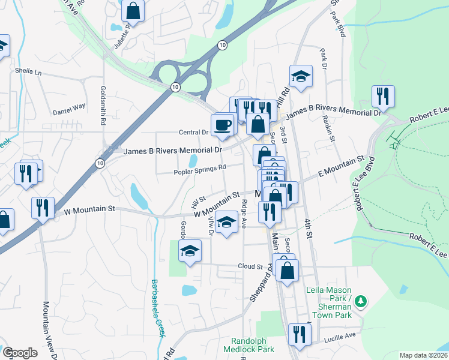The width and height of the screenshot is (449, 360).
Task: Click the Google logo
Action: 20,352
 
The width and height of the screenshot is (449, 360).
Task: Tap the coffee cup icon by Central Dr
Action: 223,124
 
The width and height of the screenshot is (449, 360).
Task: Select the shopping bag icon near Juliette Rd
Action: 133,10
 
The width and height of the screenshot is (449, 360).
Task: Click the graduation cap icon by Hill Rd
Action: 301,76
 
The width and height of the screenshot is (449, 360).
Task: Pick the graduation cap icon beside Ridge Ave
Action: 226,223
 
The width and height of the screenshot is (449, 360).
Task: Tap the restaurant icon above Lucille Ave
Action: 299,334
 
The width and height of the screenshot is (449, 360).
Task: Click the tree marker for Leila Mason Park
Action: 360,301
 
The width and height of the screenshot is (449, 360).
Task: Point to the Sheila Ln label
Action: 29,71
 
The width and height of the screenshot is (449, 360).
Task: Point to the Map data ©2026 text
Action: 423,355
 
